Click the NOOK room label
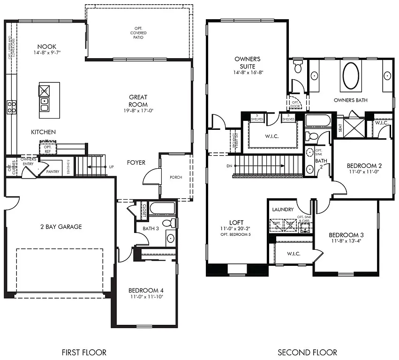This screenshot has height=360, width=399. point(47,47)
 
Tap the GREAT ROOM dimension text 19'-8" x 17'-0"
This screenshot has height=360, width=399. point(138,111)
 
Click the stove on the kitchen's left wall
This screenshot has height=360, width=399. point(11,107)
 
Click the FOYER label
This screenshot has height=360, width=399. point(136,163)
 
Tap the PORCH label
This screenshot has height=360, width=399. point(176,177)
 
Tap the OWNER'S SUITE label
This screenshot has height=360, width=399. point(248,62)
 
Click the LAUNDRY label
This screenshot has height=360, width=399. point(283,210)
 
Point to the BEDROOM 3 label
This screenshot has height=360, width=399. point(346,235)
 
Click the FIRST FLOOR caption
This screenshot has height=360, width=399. point(84,352)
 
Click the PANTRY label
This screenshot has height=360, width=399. point(53,172)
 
